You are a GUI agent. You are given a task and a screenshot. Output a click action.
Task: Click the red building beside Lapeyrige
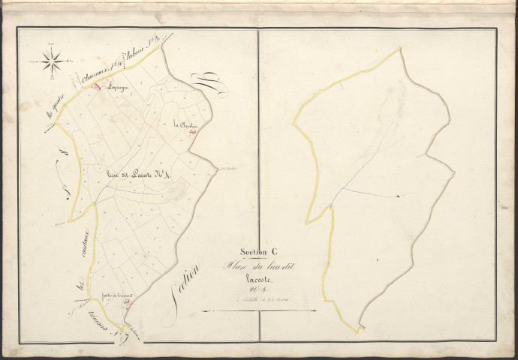(x=96, y=85)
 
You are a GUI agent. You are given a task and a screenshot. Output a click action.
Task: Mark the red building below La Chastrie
(x=193, y=133)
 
